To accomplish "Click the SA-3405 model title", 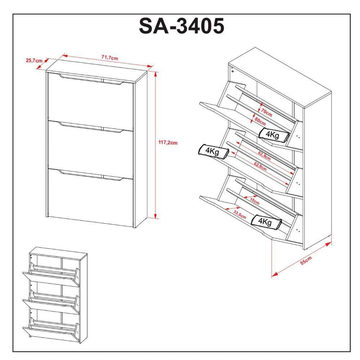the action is click(x=181, y=26).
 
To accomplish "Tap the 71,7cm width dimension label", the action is click(x=110, y=58).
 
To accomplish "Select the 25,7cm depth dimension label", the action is click(x=34, y=60).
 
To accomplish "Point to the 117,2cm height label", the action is click(x=168, y=143).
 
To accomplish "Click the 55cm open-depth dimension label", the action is click(x=306, y=261).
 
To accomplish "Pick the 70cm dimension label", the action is click(x=266, y=112).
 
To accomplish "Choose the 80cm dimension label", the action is click(x=260, y=121).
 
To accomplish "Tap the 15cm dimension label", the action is click(x=255, y=201).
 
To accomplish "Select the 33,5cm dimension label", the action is click(x=240, y=215).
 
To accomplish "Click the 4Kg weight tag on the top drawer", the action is click(x=274, y=135).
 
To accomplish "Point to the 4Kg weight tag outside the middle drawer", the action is click(x=213, y=152).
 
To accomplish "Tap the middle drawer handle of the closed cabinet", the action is click(x=90, y=127).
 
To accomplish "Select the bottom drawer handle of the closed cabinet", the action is click(x=90, y=175).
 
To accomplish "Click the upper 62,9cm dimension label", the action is click(x=264, y=156).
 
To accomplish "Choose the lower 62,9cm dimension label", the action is click(x=260, y=166).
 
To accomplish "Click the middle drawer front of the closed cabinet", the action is click(x=90, y=149).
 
